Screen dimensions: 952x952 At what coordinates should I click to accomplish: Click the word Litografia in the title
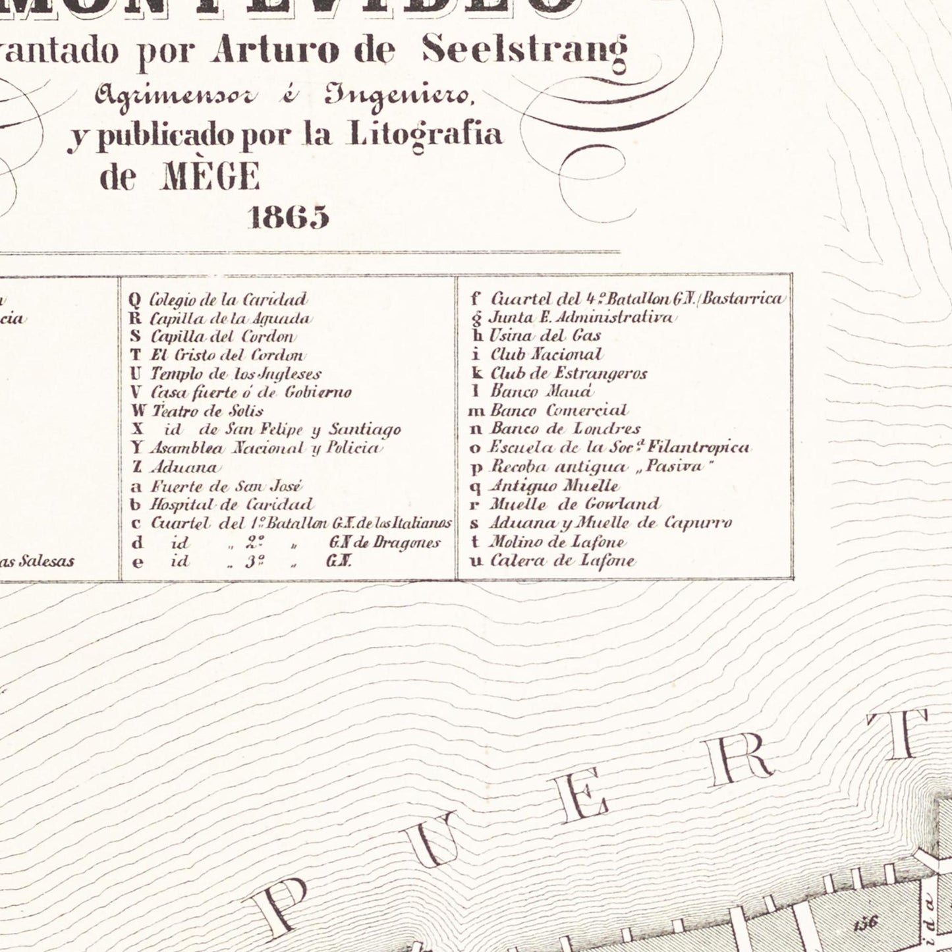(x=424, y=135)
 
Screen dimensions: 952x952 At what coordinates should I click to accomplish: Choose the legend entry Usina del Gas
(x=544, y=336)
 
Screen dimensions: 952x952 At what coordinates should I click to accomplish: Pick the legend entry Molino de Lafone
(x=557, y=543)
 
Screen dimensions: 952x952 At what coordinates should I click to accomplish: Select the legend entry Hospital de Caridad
(x=232, y=505)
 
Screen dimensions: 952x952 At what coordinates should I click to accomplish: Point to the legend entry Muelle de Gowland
(x=573, y=505)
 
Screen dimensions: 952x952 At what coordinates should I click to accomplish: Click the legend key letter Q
(x=135, y=300)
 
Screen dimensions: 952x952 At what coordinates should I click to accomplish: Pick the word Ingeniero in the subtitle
(x=399, y=96)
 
